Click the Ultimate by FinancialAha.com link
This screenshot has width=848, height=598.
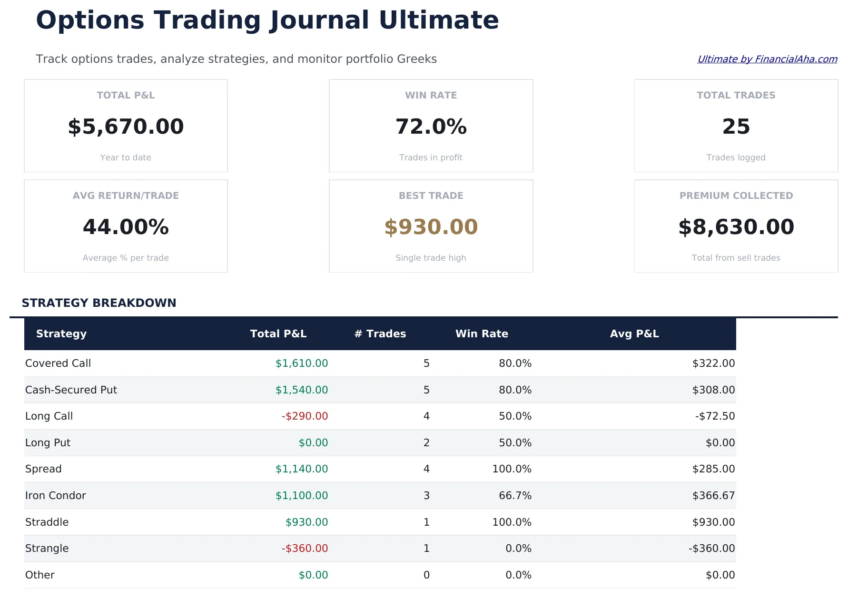pos(767,59)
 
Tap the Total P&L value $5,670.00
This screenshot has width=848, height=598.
pos(126,127)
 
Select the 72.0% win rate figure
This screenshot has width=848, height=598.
pos(431,127)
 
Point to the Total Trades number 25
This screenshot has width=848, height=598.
pos(736,127)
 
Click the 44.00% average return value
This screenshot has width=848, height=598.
pos(126,227)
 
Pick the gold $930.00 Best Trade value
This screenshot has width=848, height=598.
pos(431,227)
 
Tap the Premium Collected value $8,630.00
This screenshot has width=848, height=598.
pos(736,227)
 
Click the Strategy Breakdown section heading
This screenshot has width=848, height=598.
pos(99,303)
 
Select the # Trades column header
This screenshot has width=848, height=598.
pos(380,334)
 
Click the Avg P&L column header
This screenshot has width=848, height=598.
pos(634,334)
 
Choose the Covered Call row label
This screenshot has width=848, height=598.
pos(58,363)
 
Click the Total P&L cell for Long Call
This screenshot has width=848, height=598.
pos(305,416)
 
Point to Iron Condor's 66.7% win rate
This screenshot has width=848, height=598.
pos(515,496)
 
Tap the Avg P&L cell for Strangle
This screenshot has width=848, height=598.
pos(711,549)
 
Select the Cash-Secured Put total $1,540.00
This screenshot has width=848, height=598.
pos(302,390)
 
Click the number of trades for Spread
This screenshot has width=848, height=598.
pos(426,469)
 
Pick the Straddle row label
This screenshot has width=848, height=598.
pos(47,522)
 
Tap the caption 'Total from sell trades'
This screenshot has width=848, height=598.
pos(736,258)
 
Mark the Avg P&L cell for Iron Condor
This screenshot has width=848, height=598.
pos(713,496)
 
